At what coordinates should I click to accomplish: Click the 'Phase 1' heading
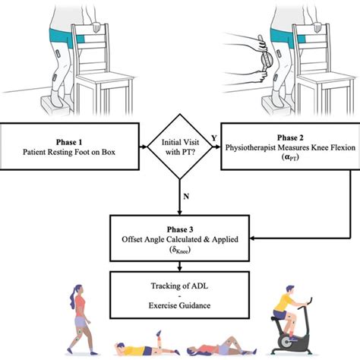69,142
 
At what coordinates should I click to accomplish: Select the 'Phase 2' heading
290,137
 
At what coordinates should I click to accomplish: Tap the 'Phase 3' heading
180,229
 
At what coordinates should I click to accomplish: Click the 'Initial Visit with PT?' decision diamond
180,147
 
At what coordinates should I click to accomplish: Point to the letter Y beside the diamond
214,138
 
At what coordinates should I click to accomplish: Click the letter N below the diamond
186,197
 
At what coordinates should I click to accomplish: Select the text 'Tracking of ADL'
179,286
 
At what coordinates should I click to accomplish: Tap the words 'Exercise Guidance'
179,305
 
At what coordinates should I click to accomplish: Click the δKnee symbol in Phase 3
180,251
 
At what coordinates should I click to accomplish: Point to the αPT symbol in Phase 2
290,157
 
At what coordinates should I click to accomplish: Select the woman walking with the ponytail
81,320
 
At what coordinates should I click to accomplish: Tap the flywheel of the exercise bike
286,343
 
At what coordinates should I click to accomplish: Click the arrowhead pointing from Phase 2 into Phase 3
252,238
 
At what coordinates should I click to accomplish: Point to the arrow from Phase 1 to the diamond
144,147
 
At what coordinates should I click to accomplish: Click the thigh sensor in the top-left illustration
58,54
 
